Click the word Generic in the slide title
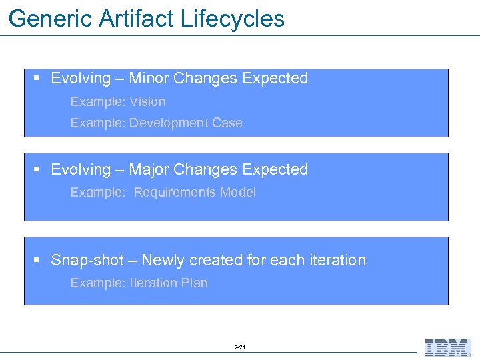tap(51, 19)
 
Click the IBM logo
tap(448, 348)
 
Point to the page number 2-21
tap(240, 348)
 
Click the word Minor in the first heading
tap(149, 79)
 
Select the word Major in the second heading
tap(149, 170)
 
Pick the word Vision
tap(147, 102)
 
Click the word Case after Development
tap(227, 123)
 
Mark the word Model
tap(237, 193)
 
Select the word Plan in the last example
tap(195, 283)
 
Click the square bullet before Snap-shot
tap(37, 261)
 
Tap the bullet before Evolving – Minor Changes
tap(37, 79)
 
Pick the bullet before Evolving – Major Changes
tap(37, 170)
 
